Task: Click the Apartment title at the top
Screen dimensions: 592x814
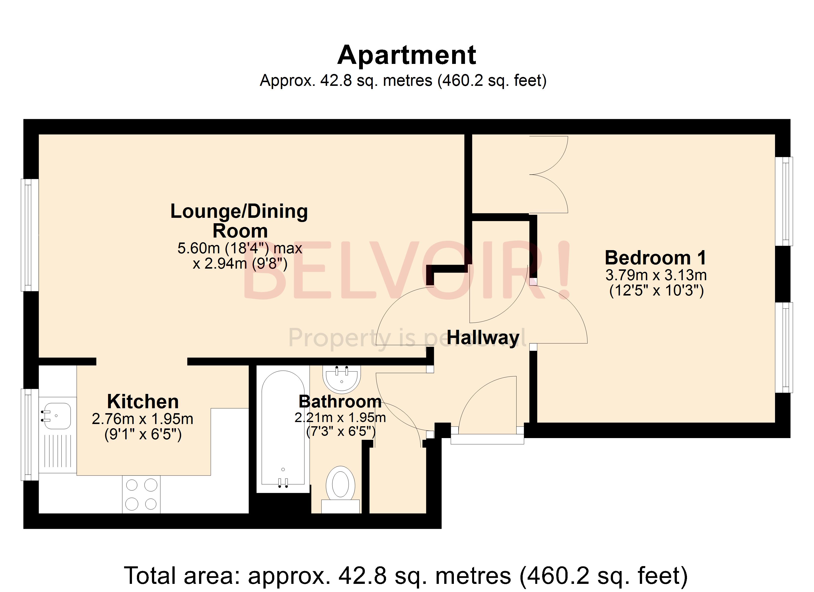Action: pyautogui.click(x=407, y=56)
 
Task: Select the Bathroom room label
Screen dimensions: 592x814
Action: pyautogui.click(x=340, y=401)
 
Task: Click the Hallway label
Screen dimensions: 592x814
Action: pyautogui.click(x=483, y=338)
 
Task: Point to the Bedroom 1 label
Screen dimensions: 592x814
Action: pyautogui.click(x=656, y=258)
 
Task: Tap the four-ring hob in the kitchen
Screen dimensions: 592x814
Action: pyautogui.click(x=141, y=494)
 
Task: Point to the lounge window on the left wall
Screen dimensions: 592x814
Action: pyautogui.click(x=30, y=235)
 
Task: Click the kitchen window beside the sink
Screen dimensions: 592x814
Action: pyautogui.click(x=30, y=434)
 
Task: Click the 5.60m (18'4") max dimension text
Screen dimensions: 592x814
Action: pyautogui.click(x=240, y=248)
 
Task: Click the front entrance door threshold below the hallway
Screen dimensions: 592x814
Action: pyautogui.click(x=487, y=439)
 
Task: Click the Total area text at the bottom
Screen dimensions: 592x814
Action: pyautogui.click(x=406, y=575)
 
